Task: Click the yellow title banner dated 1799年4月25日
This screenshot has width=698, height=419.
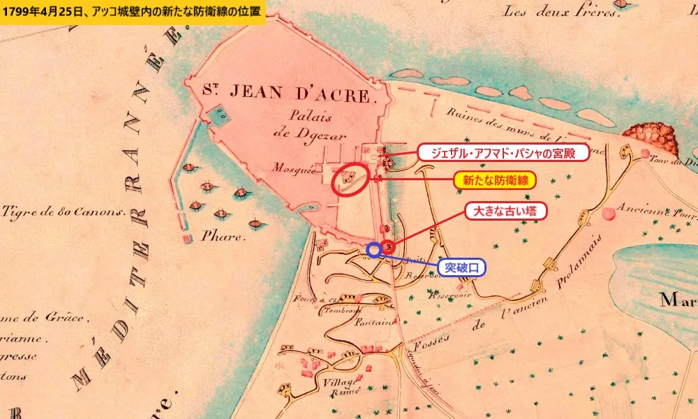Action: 133,12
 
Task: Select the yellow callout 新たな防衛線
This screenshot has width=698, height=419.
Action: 496,180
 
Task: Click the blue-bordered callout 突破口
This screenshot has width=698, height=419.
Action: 461,267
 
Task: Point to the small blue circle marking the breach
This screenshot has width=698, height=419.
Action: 374,249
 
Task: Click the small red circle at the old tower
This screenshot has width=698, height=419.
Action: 388,246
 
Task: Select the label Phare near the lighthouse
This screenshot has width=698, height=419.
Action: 223,236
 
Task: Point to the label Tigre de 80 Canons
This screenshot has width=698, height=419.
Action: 63,211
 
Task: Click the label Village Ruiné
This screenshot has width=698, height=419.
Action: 341,386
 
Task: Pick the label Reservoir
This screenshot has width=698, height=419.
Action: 451,294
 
